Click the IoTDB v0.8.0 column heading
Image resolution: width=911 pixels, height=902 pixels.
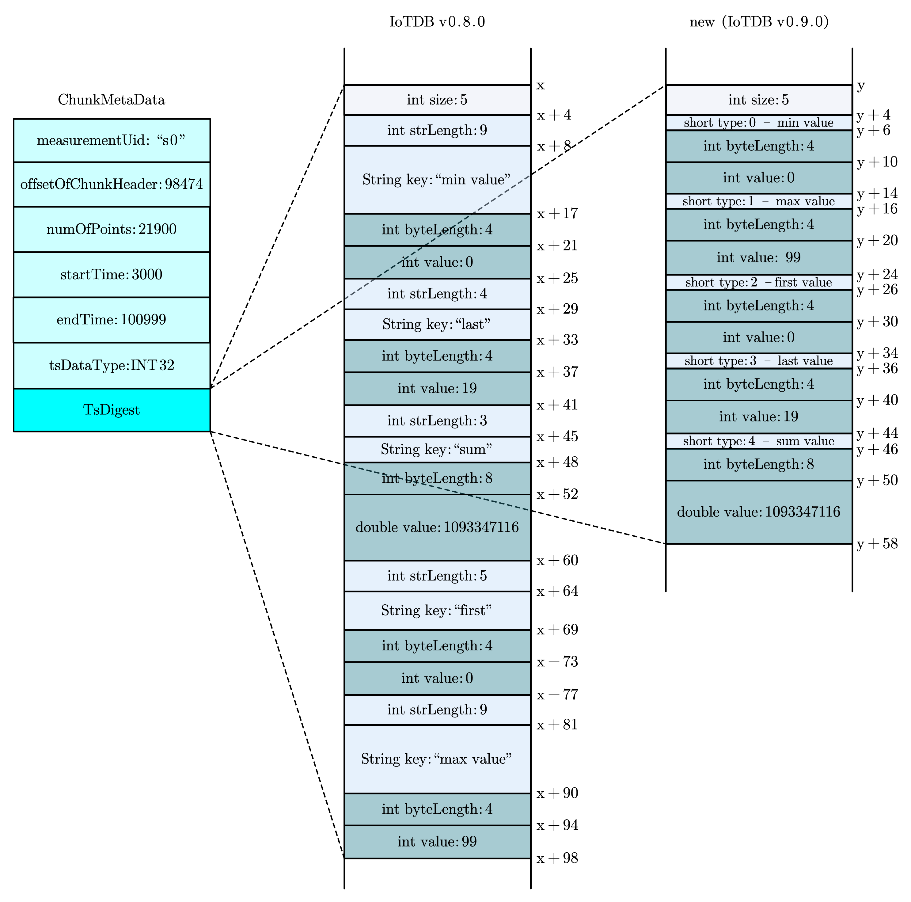coord(437,22)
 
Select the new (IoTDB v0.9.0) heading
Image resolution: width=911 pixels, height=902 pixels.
coord(759,22)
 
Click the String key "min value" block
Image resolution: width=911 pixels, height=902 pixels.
coord(437,180)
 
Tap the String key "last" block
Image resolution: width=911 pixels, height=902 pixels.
coord(437,324)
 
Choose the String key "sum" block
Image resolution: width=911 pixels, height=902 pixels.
coord(437,449)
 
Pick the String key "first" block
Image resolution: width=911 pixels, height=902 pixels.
coord(437,611)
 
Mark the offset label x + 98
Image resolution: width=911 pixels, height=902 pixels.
coord(557,858)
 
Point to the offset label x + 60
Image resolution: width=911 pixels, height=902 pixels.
coord(557,561)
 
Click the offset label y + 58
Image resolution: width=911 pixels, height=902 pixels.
coord(877,544)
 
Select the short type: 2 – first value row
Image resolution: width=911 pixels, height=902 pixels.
coord(759,283)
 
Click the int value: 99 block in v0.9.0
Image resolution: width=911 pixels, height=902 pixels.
coord(759,257)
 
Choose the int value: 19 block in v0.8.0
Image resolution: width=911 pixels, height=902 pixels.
coord(437,389)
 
